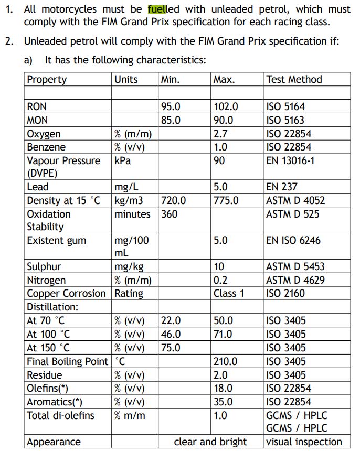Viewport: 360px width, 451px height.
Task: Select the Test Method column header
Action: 294,80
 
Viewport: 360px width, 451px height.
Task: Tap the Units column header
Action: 126,80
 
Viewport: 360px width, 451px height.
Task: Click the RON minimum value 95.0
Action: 171,107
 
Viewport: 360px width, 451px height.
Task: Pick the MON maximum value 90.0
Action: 226,120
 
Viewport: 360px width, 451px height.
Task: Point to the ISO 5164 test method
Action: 285,107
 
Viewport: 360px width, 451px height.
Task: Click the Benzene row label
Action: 46,147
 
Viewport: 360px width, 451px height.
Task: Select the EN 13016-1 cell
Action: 291,161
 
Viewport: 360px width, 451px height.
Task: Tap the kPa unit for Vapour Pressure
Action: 122,161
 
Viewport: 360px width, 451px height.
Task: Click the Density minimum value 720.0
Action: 174,201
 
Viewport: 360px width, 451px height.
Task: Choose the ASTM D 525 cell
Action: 292,214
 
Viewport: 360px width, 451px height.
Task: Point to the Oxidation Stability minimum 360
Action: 169,214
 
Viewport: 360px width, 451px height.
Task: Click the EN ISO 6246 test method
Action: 293,241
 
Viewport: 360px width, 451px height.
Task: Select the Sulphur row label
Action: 44,267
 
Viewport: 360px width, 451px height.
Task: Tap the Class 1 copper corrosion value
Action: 229,294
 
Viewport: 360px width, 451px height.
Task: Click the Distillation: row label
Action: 52,307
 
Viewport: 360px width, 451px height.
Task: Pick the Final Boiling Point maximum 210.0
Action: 226,361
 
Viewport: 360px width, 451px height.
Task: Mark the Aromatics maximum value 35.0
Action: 223,402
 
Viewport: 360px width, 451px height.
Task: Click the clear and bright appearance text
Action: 210,442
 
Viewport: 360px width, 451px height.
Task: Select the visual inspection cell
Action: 304,442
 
